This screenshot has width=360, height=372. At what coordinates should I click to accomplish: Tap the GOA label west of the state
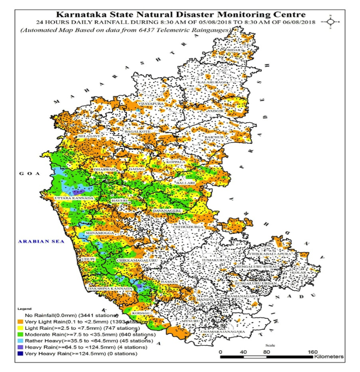point(27,174)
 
